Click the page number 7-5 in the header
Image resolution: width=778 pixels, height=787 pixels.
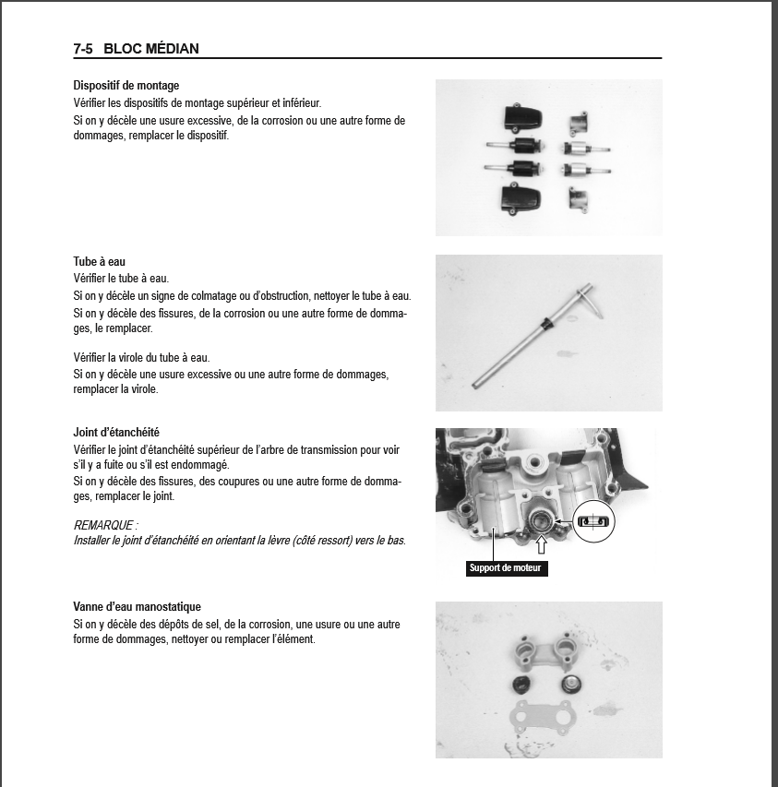click(85, 49)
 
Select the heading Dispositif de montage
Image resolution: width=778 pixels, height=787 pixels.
click(126, 86)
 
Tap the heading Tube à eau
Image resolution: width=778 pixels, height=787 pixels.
click(100, 262)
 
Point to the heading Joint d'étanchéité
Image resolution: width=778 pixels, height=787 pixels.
click(116, 432)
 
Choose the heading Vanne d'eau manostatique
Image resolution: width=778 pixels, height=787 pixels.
click(137, 607)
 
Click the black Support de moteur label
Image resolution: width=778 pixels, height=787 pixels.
click(507, 567)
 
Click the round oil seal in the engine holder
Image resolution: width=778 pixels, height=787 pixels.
click(541, 521)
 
